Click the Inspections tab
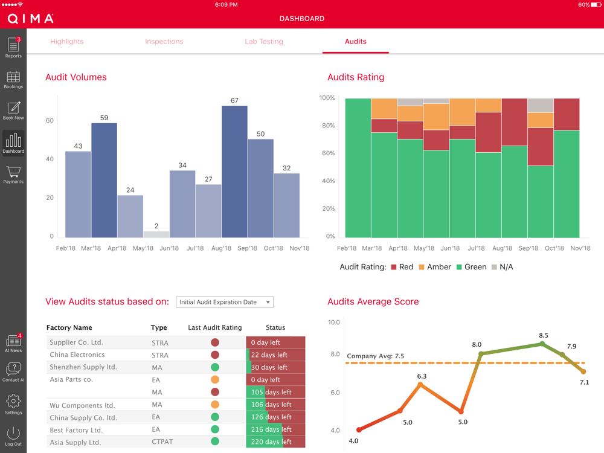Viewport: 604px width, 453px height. click(x=164, y=42)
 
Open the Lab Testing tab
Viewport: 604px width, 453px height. click(x=263, y=42)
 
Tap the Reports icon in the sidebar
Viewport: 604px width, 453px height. click(x=13, y=47)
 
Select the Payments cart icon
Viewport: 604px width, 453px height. click(x=13, y=174)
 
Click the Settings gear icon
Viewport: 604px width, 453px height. click(x=13, y=403)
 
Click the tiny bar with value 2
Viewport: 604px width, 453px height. click(x=156, y=234)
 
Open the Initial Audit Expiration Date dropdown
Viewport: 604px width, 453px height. click(x=225, y=302)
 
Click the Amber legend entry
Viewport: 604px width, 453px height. click(x=434, y=267)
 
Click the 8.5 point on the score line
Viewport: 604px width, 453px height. click(x=542, y=344)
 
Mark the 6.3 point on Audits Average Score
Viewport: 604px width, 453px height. click(x=420, y=384)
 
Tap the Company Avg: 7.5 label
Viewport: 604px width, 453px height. click(x=375, y=356)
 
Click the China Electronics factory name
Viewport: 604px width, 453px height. click(x=77, y=355)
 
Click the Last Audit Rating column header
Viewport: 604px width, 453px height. click(x=214, y=327)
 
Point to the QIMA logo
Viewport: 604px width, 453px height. click(x=30, y=19)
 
